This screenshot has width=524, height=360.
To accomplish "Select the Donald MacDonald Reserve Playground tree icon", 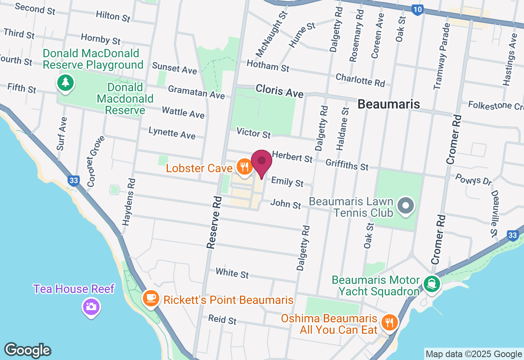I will [x=65, y=83].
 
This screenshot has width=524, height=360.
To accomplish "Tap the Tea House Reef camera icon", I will [x=91, y=307].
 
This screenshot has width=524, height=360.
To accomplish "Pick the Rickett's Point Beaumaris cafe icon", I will [x=151, y=298].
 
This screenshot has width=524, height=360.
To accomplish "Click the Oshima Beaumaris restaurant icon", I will [x=389, y=322].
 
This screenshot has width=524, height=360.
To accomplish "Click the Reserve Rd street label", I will [x=214, y=222].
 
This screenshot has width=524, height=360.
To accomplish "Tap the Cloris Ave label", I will [x=280, y=91].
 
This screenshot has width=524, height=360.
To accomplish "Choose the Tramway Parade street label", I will [x=442, y=56].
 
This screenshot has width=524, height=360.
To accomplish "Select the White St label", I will [x=232, y=273].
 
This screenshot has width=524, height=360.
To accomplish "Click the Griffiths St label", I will [x=347, y=164].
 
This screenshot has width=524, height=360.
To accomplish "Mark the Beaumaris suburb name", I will [x=388, y=104].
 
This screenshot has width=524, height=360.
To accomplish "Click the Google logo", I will [x=28, y=350].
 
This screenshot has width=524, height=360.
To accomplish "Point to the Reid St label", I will [x=222, y=319].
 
